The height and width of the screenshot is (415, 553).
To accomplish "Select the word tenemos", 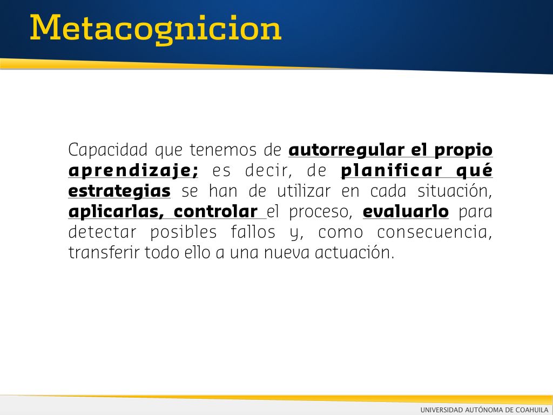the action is click(223, 150).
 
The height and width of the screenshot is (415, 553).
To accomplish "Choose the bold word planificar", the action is click(392, 170).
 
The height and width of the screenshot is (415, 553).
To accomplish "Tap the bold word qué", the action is click(474, 171).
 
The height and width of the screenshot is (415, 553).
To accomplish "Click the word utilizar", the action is click(304, 191).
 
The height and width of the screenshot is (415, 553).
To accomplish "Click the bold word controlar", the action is click(215, 212).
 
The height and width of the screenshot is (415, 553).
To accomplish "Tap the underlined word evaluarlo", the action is click(406, 212).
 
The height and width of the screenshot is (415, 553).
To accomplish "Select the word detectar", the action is click(102, 232).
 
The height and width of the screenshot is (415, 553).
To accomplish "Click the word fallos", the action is click(253, 232).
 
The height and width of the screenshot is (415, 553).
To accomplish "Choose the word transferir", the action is click(104, 253).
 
